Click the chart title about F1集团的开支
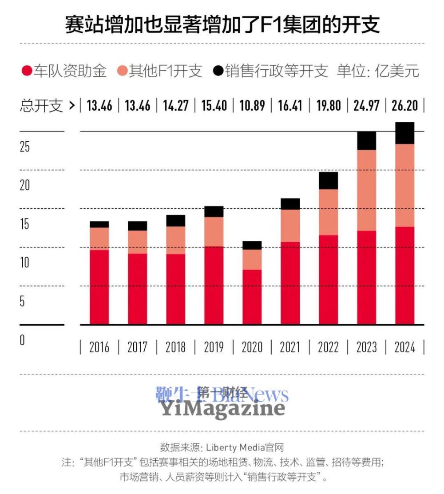[x=222, y=25]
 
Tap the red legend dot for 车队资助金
[x=27, y=71]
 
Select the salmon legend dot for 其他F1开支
[x=122, y=71]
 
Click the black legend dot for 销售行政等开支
[x=218, y=71]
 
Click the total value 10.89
[x=251, y=106]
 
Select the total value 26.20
[x=404, y=106]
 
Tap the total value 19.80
[x=328, y=106]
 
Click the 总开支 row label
[x=41, y=106]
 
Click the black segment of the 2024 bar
[x=404, y=133]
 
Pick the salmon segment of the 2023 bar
[x=366, y=190]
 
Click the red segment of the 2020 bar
[x=252, y=297]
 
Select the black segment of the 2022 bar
[x=328, y=180]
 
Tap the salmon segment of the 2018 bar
[x=175, y=240]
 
